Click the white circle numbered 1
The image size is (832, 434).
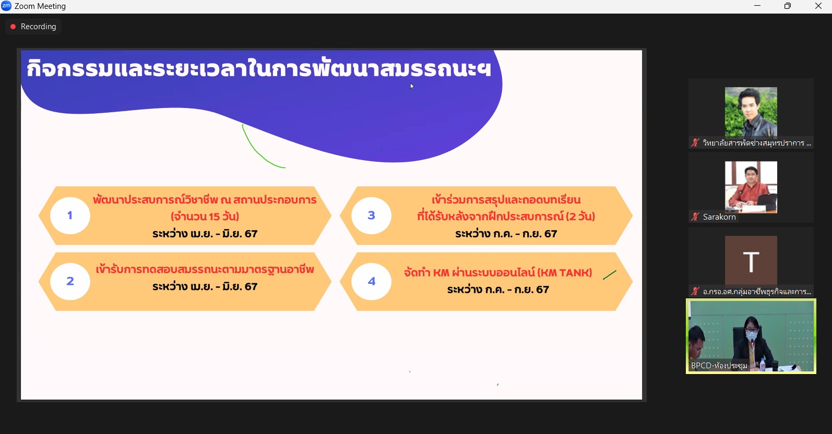click(x=70, y=215)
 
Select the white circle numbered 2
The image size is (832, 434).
click(x=70, y=281)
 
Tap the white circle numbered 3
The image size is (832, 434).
click(x=371, y=215)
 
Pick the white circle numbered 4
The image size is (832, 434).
click(x=371, y=281)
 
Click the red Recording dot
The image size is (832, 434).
click(x=13, y=27)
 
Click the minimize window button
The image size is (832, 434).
click(x=757, y=6)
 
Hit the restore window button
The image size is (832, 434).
click(x=788, y=6)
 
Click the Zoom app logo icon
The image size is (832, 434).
click(x=6, y=6)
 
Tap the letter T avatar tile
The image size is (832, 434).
click(x=751, y=261)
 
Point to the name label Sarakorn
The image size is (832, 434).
click(x=719, y=217)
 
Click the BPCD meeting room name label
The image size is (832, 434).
click(x=719, y=366)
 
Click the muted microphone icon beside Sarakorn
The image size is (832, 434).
click(x=695, y=216)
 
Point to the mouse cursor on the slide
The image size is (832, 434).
click(x=412, y=86)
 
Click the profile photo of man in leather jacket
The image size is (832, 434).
click(x=751, y=112)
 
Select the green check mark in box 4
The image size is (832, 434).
click(x=610, y=275)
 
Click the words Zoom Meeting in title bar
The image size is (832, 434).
click(x=40, y=6)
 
